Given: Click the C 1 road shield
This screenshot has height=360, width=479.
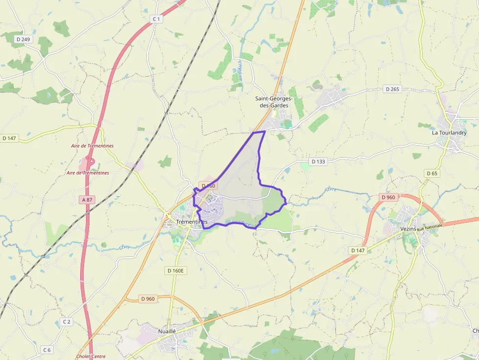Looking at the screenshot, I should [x=156, y=19].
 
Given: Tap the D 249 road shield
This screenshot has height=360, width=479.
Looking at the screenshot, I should [x=22, y=39].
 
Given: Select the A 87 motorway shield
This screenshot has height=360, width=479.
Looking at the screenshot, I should [x=87, y=199].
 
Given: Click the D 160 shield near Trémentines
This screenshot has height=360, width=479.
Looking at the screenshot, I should [x=208, y=186].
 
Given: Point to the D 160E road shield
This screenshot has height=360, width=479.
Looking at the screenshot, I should [x=176, y=270].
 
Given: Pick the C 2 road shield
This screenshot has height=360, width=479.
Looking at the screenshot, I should [x=67, y=321].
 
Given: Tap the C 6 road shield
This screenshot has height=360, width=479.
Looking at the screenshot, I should [x=47, y=350].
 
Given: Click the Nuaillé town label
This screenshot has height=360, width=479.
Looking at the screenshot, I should [x=167, y=331].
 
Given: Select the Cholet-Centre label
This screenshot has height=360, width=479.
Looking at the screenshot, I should [x=91, y=357].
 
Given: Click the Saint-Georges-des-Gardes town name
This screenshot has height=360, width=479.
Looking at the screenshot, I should [x=274, y=102].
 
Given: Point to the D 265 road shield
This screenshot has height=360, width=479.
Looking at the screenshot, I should [x=392, y=89].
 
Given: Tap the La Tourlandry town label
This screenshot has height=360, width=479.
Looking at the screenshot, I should [x=449, y=132].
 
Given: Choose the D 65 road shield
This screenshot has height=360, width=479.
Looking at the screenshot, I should [x=432, y=173].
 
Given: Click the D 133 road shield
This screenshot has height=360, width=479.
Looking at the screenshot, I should [x=318, y=161].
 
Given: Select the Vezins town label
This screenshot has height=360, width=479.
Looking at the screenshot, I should [x=408, y=229].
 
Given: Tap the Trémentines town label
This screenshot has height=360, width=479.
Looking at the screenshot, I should [x=191, y=222].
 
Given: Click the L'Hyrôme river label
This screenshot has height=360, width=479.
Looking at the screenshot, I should [x=240, y=71].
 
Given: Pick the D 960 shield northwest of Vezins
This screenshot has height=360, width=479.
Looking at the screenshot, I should [x=388, y=197].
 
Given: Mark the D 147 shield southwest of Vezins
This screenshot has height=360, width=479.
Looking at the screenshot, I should [x=358, y=250].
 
